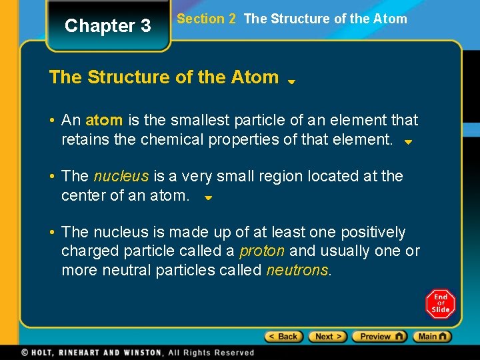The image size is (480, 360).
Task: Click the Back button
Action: click(x=283, y=337)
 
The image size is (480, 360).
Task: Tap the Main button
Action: click(x=431, y=337)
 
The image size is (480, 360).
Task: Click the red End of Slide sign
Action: click(x=440, y=303)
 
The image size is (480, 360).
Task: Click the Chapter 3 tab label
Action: click(x=108, y=26)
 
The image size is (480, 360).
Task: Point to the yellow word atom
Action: click(x=104, y=121)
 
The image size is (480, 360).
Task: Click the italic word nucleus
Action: click(x=121, y=177)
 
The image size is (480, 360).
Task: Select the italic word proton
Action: click(x=262, y=251)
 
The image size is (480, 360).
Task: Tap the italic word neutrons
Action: click(x=297, y=271)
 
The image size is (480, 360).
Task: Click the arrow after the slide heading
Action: click(x=291, y=82)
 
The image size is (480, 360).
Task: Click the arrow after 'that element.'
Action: click(x=409, y=143)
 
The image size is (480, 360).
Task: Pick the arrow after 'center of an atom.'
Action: click(x=207, y=199)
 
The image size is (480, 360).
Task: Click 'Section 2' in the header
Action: click(x=207, y=19)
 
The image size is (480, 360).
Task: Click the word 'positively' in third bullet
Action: click(x=373, y=233)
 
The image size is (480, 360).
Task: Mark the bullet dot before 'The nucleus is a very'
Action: click(x=52, y=177)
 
